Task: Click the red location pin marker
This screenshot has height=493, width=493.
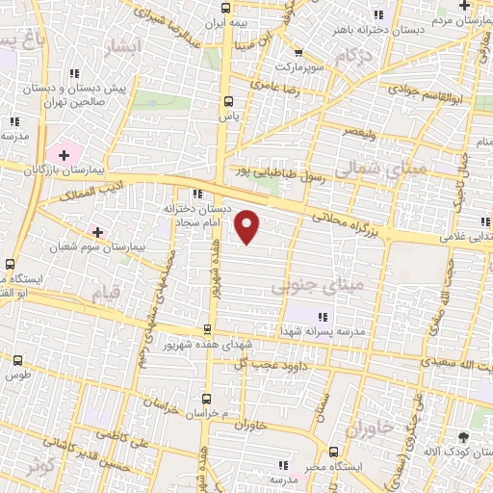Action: (x=248, y=227)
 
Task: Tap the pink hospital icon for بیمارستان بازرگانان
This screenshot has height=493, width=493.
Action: (x=65, y=153)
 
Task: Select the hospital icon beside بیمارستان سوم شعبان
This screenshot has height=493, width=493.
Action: (x=96, y=232)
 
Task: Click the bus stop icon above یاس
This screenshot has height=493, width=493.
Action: (x=228, y=101)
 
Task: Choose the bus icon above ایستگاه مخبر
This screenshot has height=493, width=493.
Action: (x=333, y=452)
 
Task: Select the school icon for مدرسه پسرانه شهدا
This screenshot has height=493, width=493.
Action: (x=324, y=317)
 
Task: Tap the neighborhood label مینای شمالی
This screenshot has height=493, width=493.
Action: (x=389, y=169)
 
